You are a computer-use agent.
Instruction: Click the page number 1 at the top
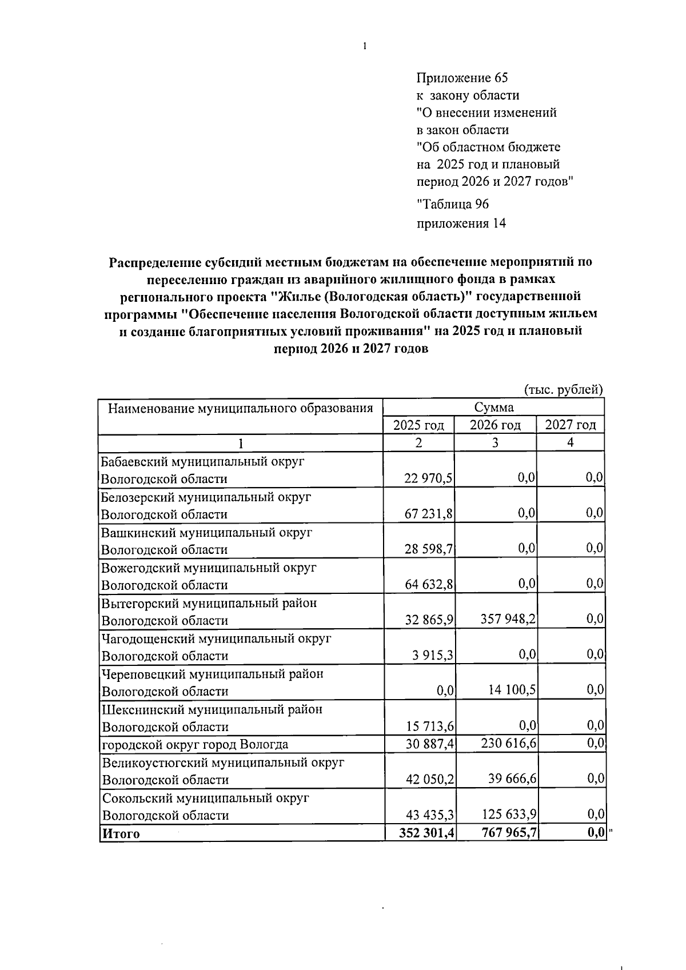click(364, 47)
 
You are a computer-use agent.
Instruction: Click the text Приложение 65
click(462, 78)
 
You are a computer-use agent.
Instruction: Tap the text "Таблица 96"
click(453, 204)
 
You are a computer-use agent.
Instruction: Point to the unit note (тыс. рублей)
click(564, 389)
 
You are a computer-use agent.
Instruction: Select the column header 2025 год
click(418, 425)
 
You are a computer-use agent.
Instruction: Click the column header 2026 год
click(495, 425)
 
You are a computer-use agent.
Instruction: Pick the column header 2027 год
click(570, 425)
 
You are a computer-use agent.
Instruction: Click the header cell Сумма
click(493, 407)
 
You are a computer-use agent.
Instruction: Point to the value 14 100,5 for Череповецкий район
click(512, 690)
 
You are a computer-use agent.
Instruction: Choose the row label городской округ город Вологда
click(195, 744)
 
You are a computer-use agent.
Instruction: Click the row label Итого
click(121, 833)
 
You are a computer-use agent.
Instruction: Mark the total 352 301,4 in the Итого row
click(427, 833)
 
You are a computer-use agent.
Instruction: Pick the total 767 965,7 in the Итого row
click(508, 833)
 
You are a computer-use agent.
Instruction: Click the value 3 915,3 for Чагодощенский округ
click(433, 656)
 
